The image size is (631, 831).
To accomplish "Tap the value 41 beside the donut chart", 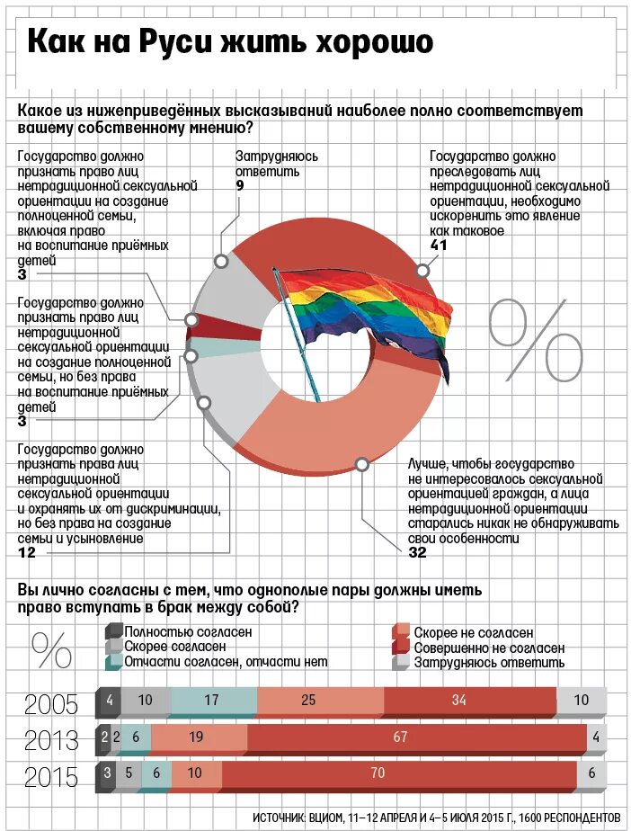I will point(439,246).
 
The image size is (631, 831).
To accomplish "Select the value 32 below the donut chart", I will point(417,552).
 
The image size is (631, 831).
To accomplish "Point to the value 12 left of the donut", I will point(26,552).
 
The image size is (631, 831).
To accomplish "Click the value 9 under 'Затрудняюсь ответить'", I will point(240,185).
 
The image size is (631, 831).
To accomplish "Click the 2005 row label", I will point(51,703).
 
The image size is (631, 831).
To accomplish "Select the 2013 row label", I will point(51,740).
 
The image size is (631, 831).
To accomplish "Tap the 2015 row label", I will point(51,776).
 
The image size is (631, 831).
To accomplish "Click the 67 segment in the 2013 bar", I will point(401,737).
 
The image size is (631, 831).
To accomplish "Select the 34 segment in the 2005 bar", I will point(458,701).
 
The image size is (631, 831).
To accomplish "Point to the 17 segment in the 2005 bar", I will point(211,701).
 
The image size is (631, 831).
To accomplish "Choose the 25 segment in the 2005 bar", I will point(307,701).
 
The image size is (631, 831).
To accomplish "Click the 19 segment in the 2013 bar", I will point(196,737).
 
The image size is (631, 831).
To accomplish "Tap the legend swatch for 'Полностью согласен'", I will point(112,631).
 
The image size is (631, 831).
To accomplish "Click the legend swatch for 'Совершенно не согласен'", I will point(400,647).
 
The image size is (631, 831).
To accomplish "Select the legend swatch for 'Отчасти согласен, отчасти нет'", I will point(112,661).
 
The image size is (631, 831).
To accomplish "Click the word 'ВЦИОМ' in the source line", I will point(326,816).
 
